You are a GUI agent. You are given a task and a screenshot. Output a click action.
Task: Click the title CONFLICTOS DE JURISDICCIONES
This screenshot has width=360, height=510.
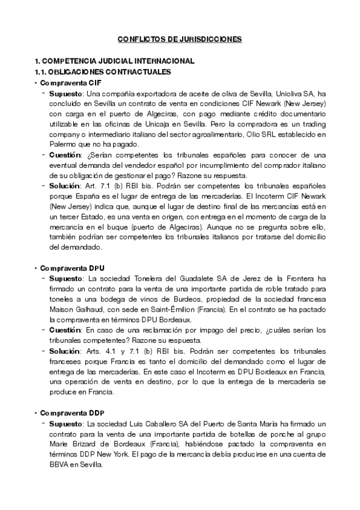[180, 39]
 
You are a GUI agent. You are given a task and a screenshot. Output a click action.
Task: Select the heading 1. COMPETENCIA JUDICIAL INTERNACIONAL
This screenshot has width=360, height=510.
[114, 61]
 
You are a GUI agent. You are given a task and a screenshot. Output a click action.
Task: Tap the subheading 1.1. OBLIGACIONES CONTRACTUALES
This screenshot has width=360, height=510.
[103, 72]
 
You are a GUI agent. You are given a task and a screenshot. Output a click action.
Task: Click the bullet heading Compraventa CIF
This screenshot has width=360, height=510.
[63, 82]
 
